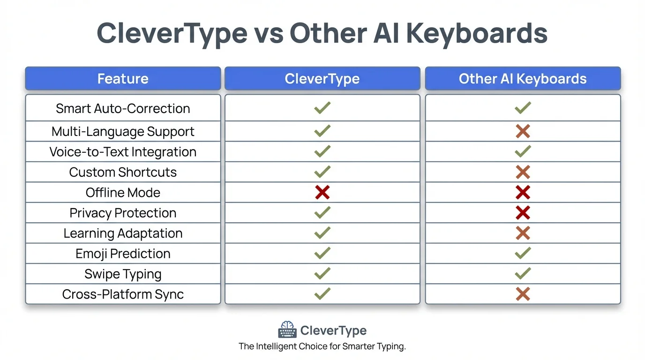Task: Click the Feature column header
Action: point(123,79)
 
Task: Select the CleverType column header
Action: point(322,79)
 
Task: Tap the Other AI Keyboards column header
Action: point(523,79)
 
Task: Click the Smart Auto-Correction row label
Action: point(123,109)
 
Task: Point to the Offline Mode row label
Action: point(123,193)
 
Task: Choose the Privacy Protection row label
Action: point(123,213)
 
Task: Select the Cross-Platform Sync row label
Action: point(123,294)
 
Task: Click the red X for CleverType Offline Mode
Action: point(322,192)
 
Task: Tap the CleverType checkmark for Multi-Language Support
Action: point(322,131)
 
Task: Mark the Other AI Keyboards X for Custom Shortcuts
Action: point(523,172)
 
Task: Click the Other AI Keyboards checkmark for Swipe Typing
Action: point(523,273)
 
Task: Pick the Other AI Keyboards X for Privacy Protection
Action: point(523,213)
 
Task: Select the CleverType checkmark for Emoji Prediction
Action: point(322,253)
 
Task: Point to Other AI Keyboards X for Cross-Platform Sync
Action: point(523,294)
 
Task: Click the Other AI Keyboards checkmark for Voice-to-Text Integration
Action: point(523,151)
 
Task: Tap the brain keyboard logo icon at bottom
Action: point(287,330)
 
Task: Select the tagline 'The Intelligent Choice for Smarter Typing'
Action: point(322,347)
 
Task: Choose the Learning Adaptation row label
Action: point(123,233)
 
